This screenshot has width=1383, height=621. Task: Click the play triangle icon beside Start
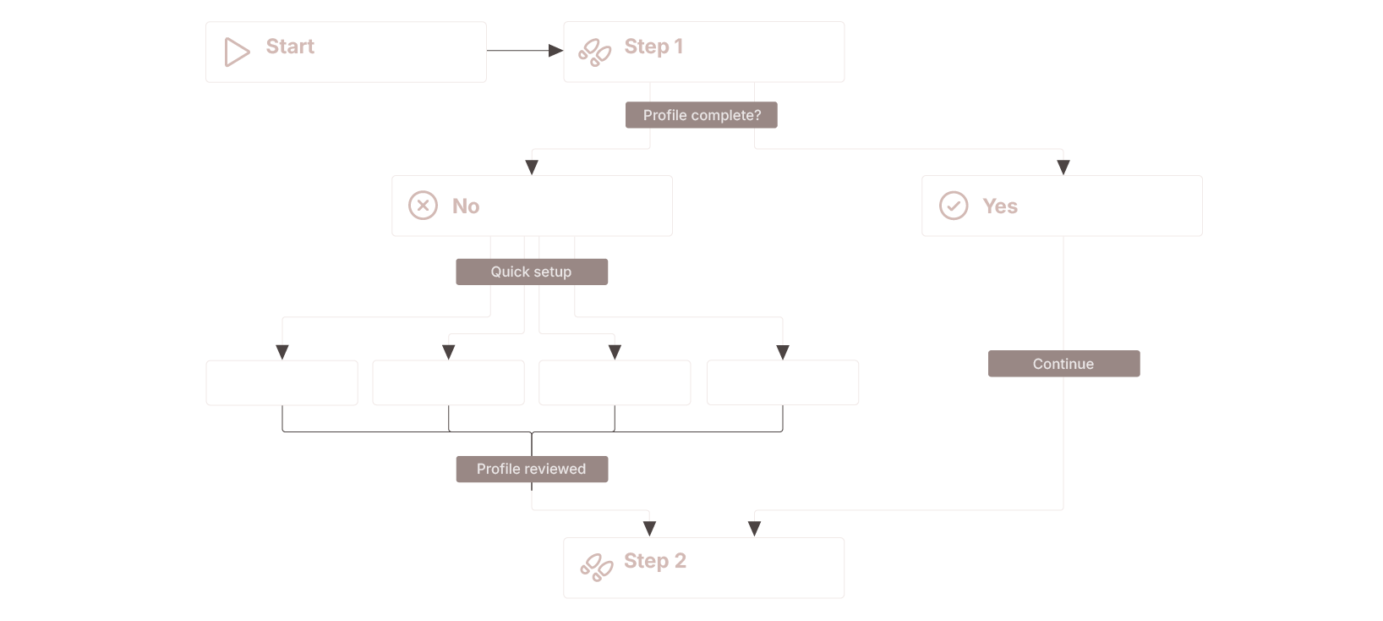pos(236,52)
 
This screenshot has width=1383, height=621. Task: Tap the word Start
pos(290,47)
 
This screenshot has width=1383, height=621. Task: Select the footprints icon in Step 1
pos(594,52)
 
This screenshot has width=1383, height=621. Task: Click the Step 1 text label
pos(653,47)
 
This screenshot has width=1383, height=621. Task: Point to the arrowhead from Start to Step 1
pos(555,51)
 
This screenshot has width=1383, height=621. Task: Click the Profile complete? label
pos(702,115)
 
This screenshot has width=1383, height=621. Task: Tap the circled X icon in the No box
pos(423,206)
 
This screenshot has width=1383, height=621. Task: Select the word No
pos(466,206)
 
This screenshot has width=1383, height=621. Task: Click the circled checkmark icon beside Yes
pos(954,206)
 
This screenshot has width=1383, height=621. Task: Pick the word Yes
pos(999,206)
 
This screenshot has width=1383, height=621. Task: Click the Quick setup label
pos(532,272)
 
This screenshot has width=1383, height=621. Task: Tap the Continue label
pos(1063,364)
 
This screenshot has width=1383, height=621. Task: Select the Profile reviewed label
pos(532,469)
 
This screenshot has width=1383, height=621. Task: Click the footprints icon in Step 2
pos(597,567)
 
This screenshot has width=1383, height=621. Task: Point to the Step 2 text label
pos(655,561)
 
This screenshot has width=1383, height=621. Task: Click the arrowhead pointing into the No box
pos(532,168)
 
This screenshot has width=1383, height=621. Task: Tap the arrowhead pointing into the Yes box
pos(1063,168)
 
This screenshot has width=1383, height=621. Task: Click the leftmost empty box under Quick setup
pos(282,383)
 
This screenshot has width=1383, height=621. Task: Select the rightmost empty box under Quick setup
pos(783,383)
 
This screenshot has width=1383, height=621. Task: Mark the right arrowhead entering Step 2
pos(754,528)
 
